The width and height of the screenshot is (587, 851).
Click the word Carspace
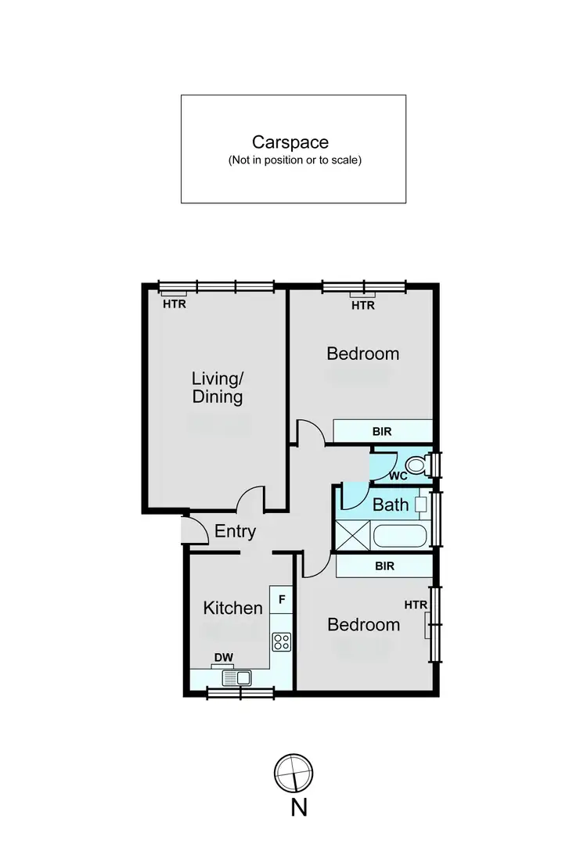[290, 142]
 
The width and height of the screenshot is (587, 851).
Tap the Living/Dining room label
[218, 387]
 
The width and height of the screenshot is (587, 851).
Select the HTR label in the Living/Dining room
[175, 304]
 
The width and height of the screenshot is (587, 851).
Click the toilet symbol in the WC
[416, 466]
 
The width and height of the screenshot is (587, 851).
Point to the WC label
[398, 476]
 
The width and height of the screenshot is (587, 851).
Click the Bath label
[391, 504]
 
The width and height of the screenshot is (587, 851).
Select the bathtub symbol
[400, 537]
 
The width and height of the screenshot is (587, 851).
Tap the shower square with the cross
[351, 537]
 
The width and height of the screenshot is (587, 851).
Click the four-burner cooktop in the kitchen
[282, 642]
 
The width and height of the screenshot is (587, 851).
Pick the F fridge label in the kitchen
[282, 600]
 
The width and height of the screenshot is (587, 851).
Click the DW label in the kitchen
[224, 658]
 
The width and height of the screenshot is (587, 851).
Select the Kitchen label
[233, 608]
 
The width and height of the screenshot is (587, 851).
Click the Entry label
[235, 532]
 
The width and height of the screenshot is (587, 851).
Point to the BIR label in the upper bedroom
[383, 431]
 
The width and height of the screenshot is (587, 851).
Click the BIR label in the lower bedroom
[384, 566]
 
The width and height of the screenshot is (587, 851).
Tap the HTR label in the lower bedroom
[416, 605]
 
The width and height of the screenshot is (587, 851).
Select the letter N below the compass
[298, 807]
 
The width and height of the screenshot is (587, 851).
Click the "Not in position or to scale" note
[294, 160]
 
